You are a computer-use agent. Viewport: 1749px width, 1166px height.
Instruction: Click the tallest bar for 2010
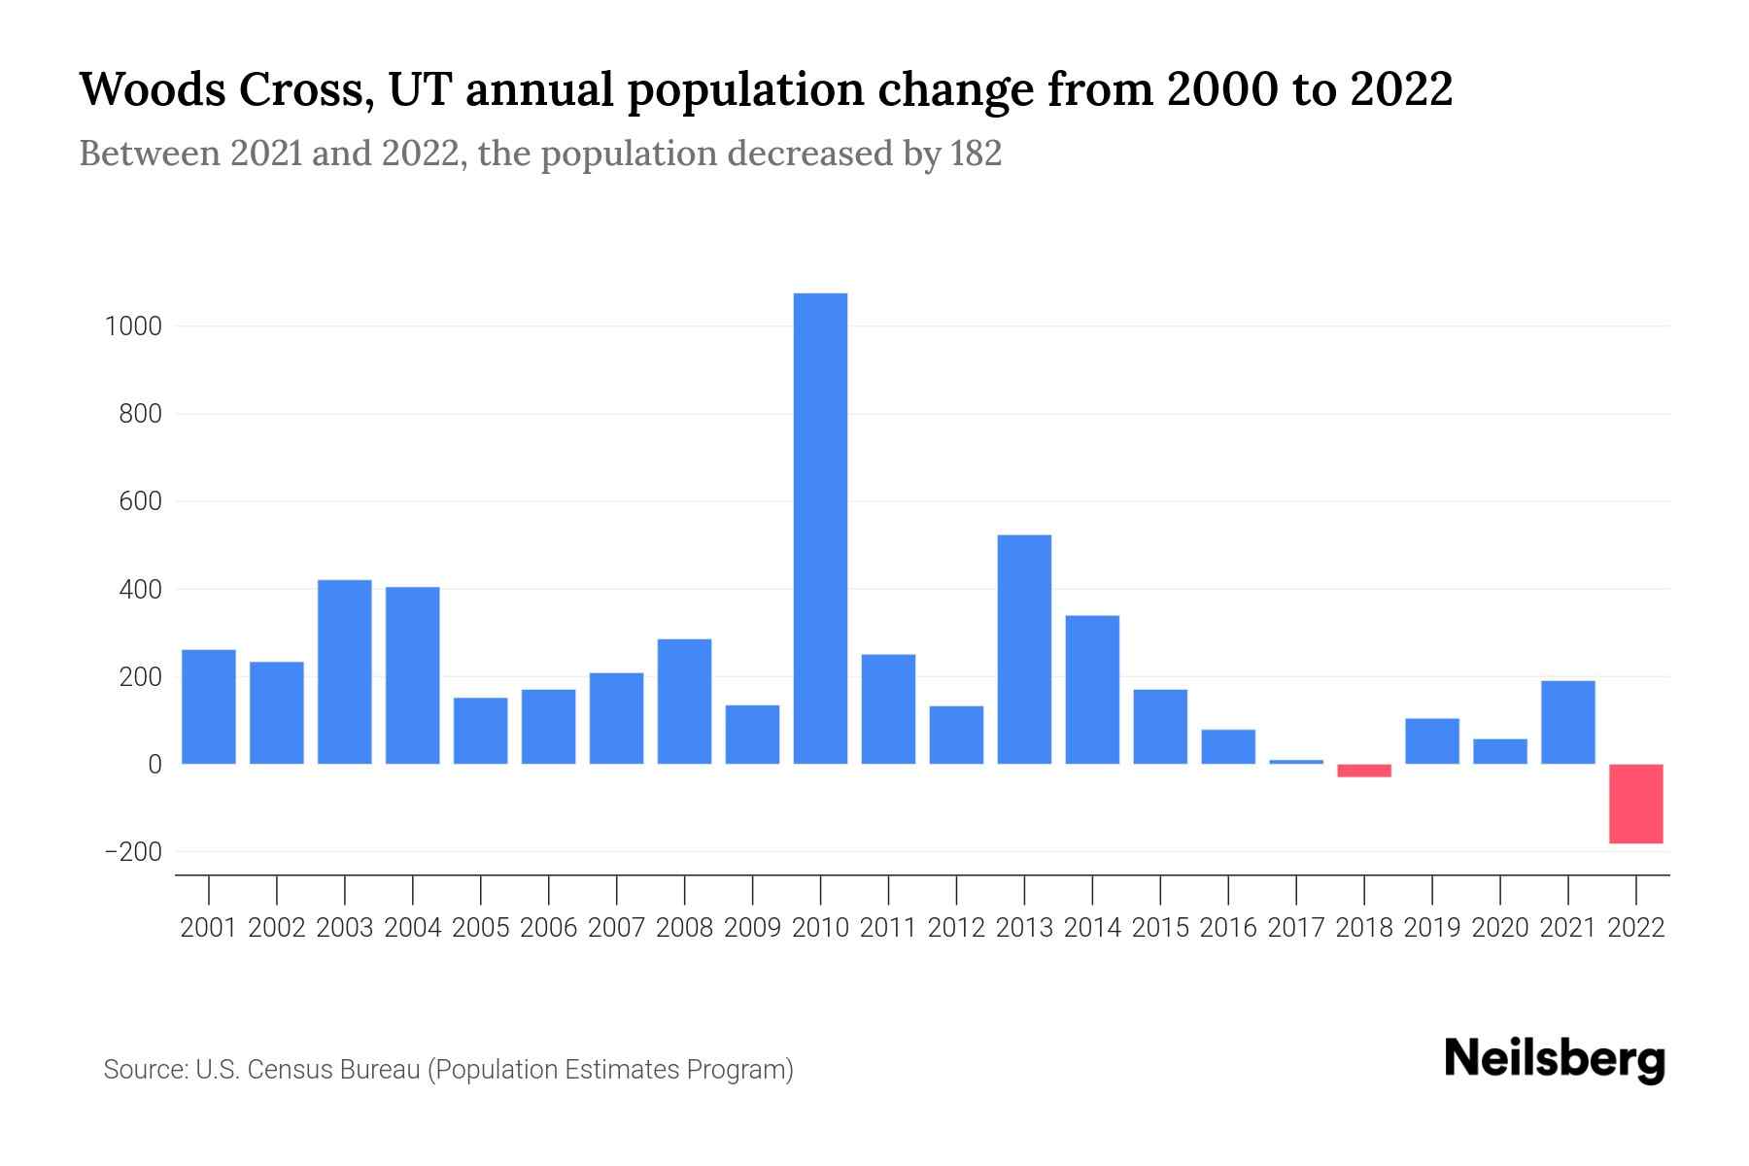(x=820, y=529)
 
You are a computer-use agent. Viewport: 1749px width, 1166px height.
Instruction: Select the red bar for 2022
(x=1636, y=804)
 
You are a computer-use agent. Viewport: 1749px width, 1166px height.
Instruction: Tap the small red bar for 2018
(x=1364, y=771)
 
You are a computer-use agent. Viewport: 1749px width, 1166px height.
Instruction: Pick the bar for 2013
(x=1024, y=649)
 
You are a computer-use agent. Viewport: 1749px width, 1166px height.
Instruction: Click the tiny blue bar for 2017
(x=1296, y=762)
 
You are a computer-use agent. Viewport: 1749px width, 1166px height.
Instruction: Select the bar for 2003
(x=345, y=671)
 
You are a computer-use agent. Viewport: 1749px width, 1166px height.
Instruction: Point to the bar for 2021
(x=1568, y=722)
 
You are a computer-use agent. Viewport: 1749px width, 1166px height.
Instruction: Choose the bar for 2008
(x=684, y=701)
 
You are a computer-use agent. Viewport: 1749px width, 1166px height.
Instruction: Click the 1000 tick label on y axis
(x=133, y=326)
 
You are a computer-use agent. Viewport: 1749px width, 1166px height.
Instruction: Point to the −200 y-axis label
(x=133, y=852)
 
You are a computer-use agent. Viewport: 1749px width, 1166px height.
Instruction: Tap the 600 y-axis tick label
(x=140, y=502)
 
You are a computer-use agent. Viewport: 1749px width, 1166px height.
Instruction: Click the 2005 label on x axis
(x=481, y=928)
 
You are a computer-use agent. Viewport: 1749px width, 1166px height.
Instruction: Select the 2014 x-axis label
(x=1092, y=928)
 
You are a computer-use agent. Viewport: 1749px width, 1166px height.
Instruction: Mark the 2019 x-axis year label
(x=1432, y=928)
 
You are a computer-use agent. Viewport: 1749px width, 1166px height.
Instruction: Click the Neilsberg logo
(x=1555, y=1059)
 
